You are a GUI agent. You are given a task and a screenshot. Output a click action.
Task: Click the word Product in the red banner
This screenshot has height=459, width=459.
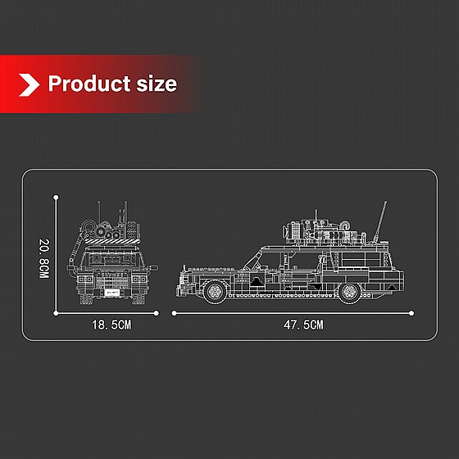(x=89, y=84)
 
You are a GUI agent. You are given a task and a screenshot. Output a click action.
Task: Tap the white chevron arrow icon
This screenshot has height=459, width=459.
(x=29, y=85)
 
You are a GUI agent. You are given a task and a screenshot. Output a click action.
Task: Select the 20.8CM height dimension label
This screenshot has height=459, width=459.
(x=44, y=258)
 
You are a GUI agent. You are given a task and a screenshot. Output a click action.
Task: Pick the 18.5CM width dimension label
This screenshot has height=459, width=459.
(x=111, y=325)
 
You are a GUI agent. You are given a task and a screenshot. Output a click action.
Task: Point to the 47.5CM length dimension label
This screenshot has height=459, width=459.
(x=303, y=325)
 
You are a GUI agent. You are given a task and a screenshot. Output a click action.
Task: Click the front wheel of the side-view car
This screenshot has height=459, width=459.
(x=215, y=291)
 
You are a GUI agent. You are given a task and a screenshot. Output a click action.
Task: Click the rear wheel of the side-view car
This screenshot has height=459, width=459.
(x=349, y=292)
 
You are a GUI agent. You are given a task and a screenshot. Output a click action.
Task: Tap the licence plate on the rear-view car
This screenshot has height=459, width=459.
(x=112, y=292)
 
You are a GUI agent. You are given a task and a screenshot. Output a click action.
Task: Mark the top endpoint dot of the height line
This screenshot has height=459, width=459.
(x=56, y=198)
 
